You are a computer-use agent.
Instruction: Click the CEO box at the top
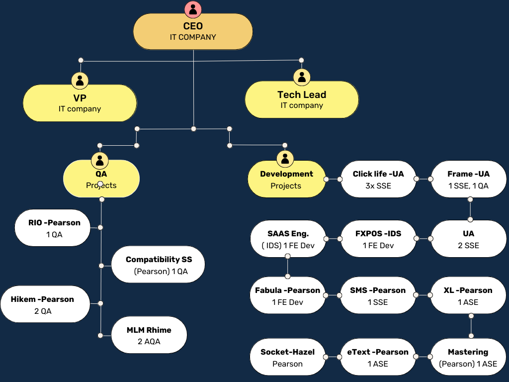[x=193, y=31]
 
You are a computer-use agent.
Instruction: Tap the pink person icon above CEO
[x=193, y=9]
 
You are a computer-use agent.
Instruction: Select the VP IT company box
[x=80, y=103]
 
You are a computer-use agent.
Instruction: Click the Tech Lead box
[x=302, y=99]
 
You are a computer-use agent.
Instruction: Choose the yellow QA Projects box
[x=101, y=179]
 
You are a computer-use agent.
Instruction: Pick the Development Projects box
[x=286, y=180]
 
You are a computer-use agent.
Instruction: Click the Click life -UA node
[x=378, y=180]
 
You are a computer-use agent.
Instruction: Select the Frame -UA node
[x=468, y=180]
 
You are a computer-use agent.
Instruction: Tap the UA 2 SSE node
[x=468, y=239]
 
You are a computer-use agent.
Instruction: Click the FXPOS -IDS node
[x=378, y=239]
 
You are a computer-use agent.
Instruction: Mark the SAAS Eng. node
[x=288, y=239]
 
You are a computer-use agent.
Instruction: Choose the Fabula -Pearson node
[x=287, y=296]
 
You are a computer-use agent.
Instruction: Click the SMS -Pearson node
[x=378, y=296]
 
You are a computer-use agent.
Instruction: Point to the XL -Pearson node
[x=468, y=296]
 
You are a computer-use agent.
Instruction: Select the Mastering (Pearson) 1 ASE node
[x=468, y=358]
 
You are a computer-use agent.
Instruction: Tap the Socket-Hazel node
[x=287, y=358]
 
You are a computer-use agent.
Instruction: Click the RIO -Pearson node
[x=54, y=228]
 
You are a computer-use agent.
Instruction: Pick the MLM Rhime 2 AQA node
[x=149, y=335]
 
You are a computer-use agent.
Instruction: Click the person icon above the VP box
[x=80, y=80]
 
